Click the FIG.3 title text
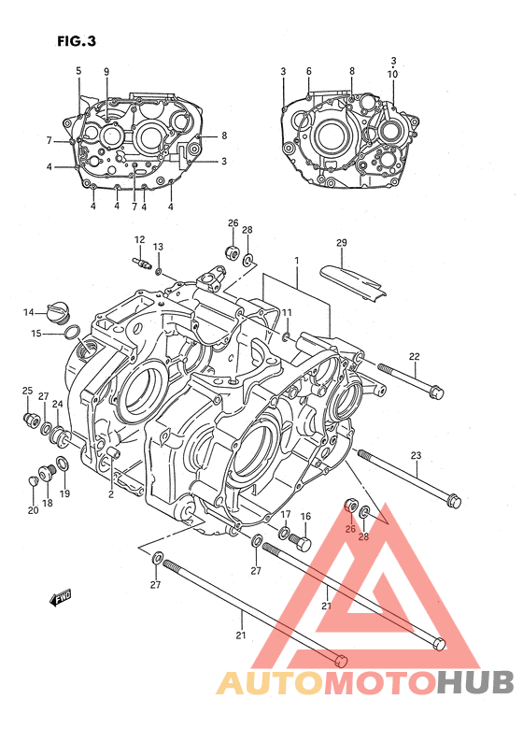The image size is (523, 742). (x=77, y=41)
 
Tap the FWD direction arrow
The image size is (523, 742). (x=61, y=598)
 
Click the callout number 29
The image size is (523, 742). (x=342, y=242)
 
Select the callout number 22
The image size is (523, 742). (x=415, y=356)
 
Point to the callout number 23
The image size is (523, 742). (x=416, y=456)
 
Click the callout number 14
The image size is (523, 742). (x=29, y=312)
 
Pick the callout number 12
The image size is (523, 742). (x=139, y=239)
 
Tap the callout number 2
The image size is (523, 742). (x=111, y=494)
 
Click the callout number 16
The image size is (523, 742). (x=306, y=516)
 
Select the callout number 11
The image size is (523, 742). (x=287, y=312)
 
